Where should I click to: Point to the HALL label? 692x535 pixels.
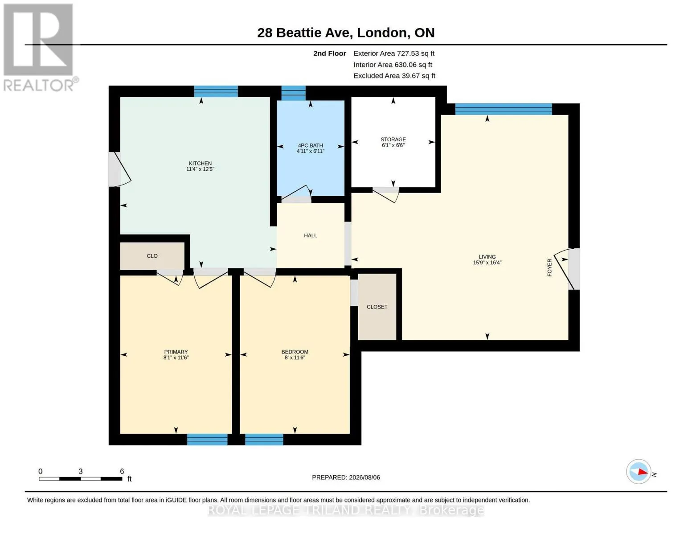310,235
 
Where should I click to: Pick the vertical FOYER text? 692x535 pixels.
549,267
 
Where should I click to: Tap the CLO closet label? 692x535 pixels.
152,255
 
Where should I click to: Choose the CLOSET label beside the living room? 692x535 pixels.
377,307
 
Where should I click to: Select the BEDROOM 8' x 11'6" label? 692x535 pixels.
295,354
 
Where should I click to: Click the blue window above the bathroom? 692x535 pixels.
293,93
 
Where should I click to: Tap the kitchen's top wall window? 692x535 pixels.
216,91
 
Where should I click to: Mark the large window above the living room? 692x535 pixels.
503,109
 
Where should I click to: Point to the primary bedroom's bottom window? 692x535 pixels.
207,439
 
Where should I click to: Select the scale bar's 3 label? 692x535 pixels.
81,471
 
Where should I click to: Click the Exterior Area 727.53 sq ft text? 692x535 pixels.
394,53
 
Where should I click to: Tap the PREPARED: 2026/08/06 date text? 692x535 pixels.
346,477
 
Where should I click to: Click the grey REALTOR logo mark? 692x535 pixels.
38,40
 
